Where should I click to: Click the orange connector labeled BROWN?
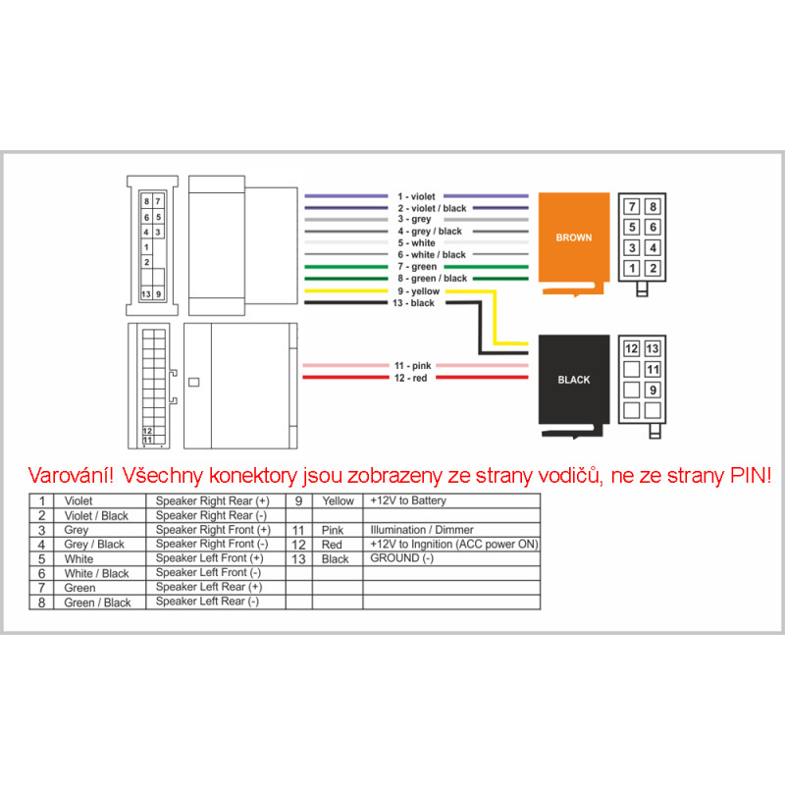(x=573, y=237)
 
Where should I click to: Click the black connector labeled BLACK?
(x=573, y=380)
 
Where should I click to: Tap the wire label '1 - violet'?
(x=417, y=197)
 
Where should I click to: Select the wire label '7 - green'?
(x=417, y=267)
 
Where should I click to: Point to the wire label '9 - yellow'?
(x=417, y=291)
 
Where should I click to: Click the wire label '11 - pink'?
(x=413, y=366)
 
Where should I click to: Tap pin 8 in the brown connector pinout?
(x=653, y=207)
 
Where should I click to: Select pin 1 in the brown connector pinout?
(x=633, y=268)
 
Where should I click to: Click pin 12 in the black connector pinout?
(x=632, y=349)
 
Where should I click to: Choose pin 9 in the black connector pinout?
(x=653, y=390)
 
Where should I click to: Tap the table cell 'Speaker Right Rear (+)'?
(x=212, y=500)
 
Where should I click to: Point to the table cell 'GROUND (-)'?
(x=401, y=558)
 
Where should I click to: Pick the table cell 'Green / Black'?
(x=97, y=602)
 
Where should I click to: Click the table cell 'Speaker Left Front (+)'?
(x=209, y=558)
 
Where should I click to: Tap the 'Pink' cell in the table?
(x=333, y=530)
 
